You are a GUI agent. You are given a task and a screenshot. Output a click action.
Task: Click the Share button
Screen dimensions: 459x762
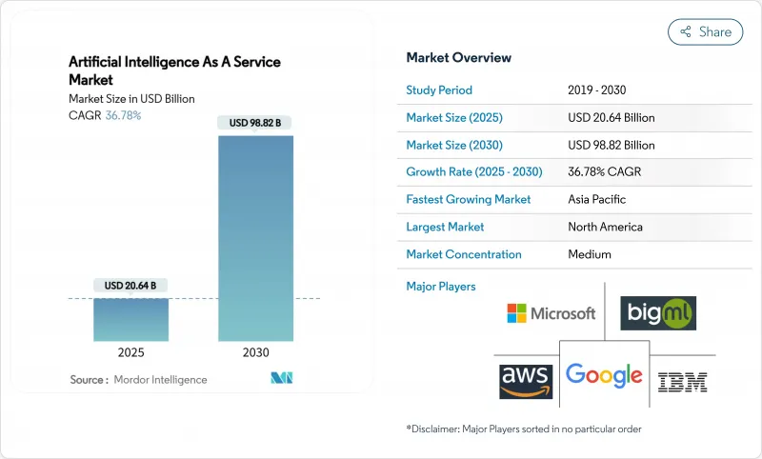point(705,31)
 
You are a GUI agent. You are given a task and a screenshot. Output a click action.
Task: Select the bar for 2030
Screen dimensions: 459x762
point(255,238)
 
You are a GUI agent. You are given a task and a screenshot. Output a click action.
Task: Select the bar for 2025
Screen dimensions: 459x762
point(130,319)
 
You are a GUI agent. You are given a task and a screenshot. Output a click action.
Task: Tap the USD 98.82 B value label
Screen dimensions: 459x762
point(255,122)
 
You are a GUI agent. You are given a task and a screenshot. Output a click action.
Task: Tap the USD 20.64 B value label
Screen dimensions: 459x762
point(130,285)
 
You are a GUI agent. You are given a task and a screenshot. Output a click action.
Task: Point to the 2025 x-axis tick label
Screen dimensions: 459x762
point(130,352)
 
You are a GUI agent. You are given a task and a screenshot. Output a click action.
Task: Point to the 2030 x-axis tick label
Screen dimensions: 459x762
point(255,352)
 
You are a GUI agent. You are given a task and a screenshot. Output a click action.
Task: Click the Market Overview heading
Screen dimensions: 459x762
point(459,58)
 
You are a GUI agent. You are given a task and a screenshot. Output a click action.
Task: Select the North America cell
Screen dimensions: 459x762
point(605,227)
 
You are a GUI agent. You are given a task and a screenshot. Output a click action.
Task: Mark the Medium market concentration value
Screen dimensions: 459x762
point(589,254)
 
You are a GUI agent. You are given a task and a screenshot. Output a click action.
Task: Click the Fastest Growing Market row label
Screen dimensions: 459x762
point(469,200)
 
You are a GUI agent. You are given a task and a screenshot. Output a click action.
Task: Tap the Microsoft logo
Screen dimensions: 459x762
point(551,313)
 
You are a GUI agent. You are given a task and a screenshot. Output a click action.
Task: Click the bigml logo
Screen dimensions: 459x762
point(658,313)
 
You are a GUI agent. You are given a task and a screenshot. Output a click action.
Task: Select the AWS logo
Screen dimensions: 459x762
point(526,380)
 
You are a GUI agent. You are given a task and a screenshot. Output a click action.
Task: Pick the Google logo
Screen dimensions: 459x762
point(604,374)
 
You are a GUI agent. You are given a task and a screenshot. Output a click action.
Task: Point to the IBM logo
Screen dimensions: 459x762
point(683,382)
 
